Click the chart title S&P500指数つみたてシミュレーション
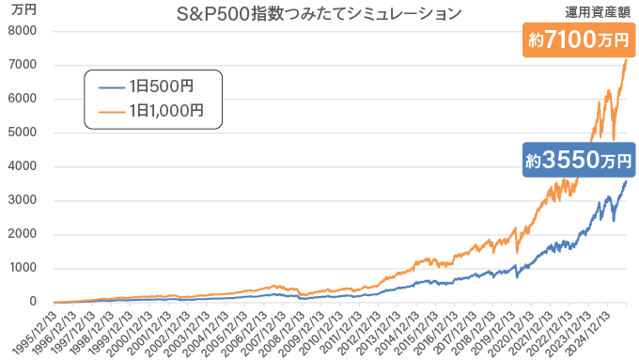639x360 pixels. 319,14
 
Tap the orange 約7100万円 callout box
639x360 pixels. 576,40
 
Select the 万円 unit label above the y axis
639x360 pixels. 23,10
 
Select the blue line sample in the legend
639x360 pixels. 112,86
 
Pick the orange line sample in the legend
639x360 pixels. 112,110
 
